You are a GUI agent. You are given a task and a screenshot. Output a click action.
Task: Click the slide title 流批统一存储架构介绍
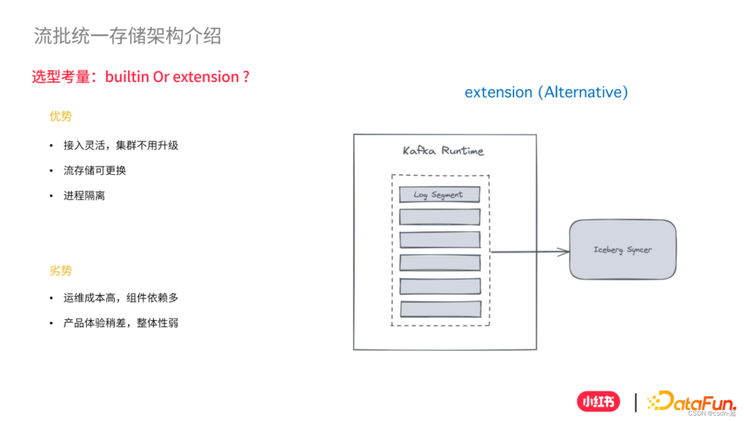[x=127, y=36]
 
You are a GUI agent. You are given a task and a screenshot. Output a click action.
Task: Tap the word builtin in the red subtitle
[x=127, y=77]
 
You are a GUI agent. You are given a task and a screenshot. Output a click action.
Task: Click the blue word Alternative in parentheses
[x=582, y=92]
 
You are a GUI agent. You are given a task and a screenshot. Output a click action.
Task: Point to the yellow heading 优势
[x=61, y=116]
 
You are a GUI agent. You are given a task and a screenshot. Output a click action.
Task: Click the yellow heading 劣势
[x=61, y=271]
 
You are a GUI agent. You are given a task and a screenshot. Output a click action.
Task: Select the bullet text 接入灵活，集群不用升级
[x=120, y=146]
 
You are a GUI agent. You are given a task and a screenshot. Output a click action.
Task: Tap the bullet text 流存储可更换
[x=94, y=171]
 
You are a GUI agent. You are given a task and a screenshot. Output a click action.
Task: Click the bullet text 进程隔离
[x=84, y=196]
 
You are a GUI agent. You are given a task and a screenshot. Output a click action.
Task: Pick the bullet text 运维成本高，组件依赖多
[x=120, y=298]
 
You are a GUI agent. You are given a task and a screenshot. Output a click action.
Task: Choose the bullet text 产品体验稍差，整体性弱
[x=120, y=323]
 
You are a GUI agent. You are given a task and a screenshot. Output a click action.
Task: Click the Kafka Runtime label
[x=443, y=151]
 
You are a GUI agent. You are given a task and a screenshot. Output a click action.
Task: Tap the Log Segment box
[x=439, y=195]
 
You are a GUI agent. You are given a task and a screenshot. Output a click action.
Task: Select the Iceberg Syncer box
[x=623, y=249]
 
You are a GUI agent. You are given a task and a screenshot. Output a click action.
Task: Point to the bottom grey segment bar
[x=441, y=309]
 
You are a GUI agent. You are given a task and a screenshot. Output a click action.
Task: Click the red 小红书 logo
[x=598, y=402]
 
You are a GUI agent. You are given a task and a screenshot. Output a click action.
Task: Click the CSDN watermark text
[x=712, y=414]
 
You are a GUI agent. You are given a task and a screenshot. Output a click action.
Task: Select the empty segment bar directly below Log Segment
[x=440, y=217]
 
